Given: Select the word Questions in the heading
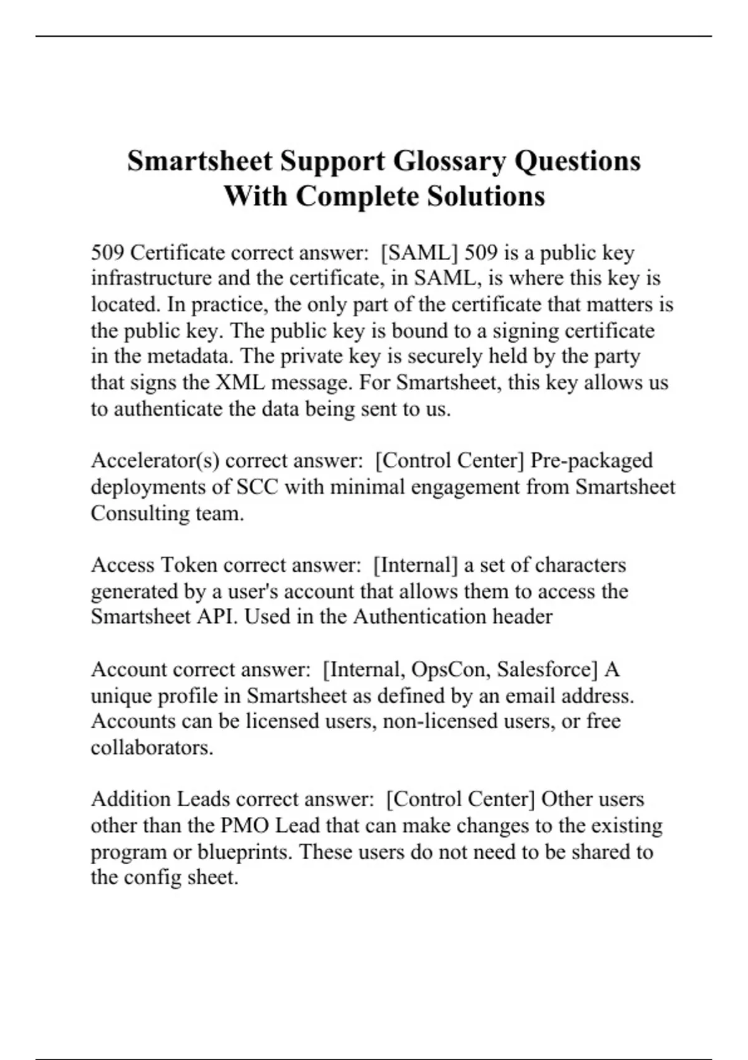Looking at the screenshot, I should [x=577, y=161].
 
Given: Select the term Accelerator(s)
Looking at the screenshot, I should [x=155, y=461].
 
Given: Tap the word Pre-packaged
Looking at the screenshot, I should [x=591, y=461].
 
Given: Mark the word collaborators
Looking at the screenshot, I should [x=152, y=748].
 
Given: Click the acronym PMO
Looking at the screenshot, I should [x=245, y=826].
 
